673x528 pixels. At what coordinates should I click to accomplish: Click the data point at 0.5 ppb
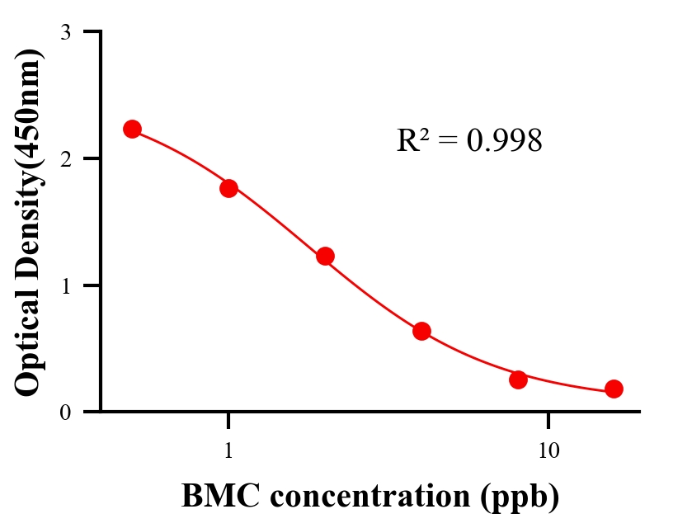(x=132, y=129)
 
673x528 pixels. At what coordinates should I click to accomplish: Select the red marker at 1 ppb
(x=228, y=188)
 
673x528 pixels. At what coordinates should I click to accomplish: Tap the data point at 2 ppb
(x=325, y=256)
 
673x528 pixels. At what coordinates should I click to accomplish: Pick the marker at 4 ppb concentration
(x=421, y=331)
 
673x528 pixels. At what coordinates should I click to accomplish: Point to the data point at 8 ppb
(x=518, y=379)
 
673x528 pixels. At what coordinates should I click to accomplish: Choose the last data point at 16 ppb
(x=614, y=389)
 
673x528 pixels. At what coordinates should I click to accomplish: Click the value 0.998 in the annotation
(x=504, y=141)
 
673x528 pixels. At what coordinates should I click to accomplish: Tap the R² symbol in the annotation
(x=413, y=140)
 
